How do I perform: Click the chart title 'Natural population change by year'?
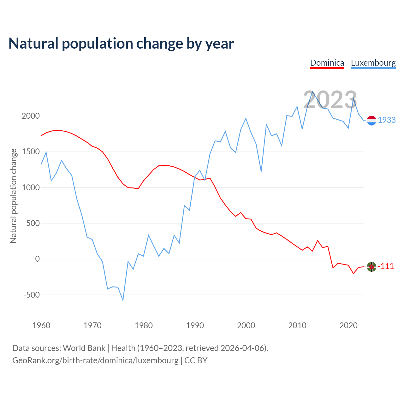pos(121,44)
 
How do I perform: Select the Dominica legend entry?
pos(327,63)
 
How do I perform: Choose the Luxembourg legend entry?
pos(373,63)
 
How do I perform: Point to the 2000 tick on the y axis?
pos(31,116)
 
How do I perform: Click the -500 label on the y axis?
pos(32,295)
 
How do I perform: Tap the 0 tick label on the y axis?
pos(38,259)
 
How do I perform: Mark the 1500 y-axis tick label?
pos(31,152)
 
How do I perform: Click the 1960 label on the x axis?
pos(41,325)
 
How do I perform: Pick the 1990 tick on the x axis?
pos(195,325)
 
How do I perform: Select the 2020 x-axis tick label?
pos(348,325)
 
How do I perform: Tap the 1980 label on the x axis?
pos(144,325)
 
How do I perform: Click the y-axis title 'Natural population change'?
pos(14,196)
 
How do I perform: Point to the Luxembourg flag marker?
pos(372,121)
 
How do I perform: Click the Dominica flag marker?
pos(372,267)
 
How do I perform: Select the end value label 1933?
pos(387,120)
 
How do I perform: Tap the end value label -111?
pos(386,266)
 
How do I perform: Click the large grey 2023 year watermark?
pos(330,100)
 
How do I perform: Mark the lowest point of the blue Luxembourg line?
pos(123,300)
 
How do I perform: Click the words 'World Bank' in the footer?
pos(84,348)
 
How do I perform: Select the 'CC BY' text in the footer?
pos(196,360)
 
